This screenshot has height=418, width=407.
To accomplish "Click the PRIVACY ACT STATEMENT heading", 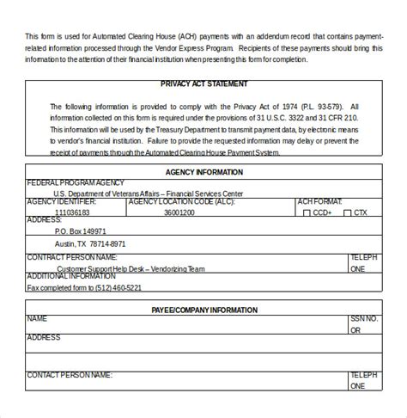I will [204, 84].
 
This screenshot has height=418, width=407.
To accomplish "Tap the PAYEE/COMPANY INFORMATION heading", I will [203, 310].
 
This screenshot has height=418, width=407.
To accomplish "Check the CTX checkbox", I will [347, 212].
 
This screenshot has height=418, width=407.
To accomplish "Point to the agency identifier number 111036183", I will [72, 212].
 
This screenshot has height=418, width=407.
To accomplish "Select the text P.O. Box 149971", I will [81, 231].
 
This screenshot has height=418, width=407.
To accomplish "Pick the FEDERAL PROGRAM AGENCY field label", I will [76, 182].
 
